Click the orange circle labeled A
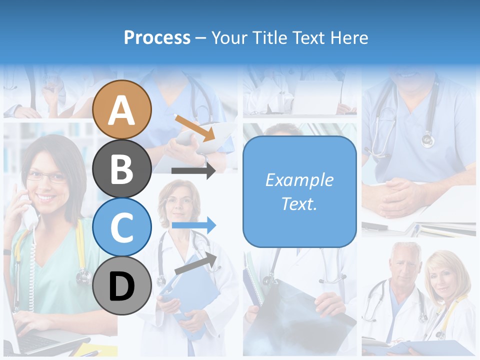click(122, 109)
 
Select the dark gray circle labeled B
click(122, 168)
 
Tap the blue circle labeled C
click(122, 227)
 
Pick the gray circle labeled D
click(122, 285)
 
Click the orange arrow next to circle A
click(194, 127)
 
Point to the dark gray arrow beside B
click(193, 170)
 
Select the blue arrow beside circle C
click(193, 225)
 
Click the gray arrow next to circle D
click(195, 264)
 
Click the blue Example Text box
click(299, 191)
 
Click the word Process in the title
click(157, 37)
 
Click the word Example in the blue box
click(299, 180)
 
